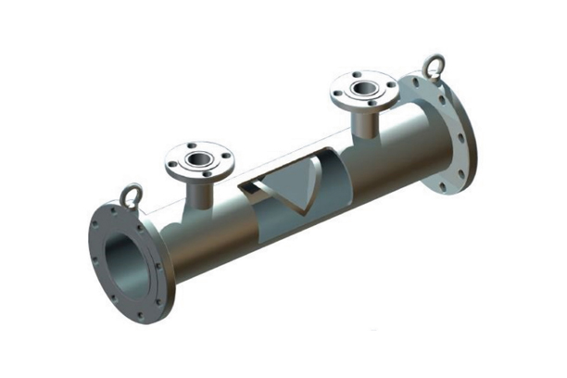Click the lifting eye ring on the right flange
(x=433, y=65)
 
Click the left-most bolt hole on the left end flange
(x=95, y=243)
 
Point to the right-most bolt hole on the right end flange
(x=472, y=139)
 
